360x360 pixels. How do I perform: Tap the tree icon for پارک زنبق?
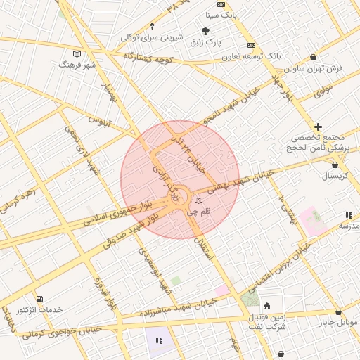click(x=205, y=31)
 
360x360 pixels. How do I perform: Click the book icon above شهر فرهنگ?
click(x=77, y=54)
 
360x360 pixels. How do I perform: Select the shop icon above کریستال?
click(x=335, y=165)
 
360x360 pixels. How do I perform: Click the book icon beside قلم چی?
click(x=198, y=200)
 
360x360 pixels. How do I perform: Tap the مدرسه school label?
click(x=349, y=226)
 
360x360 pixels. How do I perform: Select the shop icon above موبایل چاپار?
click(x=337, y=311)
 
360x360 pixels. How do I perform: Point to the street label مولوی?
click(x=323, y=91)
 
